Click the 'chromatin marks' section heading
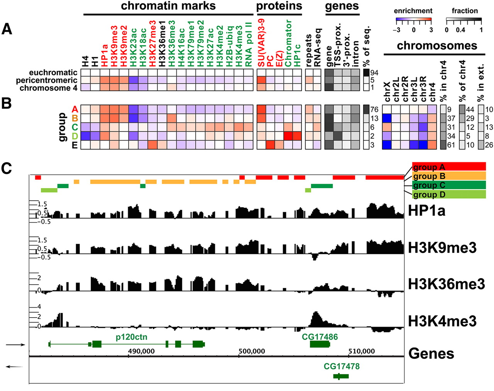(x=168, y=6)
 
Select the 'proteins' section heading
(x=279, y=6)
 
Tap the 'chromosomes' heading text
(x=437, y=46)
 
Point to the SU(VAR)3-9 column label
(x=261, y=42)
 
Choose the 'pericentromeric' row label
(x=47, y=80)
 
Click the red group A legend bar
(x=449, y=167)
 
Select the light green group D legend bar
(x=449, y=194)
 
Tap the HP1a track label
(x=426, y=210)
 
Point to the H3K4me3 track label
(x=442, y=321)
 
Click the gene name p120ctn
(x=131, y=337)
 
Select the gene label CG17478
(x=342, y=366)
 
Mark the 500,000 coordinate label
(x=252, y=351)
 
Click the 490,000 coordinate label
(x=141, y=351)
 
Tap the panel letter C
(x=7, y=168)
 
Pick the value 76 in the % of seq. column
(x=374, y=110)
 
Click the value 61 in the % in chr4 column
(x=451, y=145)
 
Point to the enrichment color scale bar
(x=413, y=19)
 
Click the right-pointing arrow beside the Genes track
(x=16, y=345)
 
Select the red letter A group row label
(x=75, y=110)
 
